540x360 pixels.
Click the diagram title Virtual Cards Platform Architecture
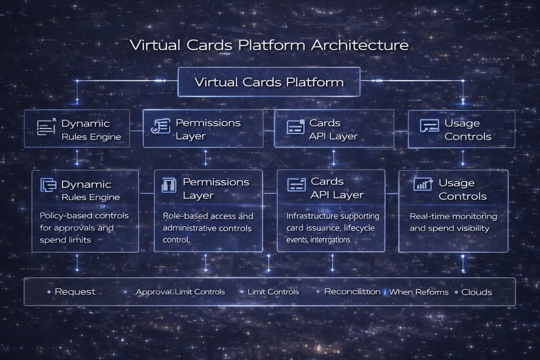tap(269, 45)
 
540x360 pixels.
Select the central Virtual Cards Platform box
tap(269, 82)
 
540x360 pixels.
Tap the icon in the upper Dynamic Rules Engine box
tap(46, 127)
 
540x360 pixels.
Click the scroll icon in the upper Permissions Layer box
tap(161, 126)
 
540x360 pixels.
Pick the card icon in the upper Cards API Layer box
tap(296, 127)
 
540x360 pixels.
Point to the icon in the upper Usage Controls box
tap(429, 126)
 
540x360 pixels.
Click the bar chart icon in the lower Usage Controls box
tap(423, 184)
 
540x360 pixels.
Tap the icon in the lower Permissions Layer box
tap(169, 185)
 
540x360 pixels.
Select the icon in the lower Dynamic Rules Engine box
tap(48, 185)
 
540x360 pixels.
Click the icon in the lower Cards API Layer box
tap(296, 185)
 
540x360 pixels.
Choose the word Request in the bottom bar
tap(75, 292)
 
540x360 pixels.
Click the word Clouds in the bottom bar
tap(476, 292)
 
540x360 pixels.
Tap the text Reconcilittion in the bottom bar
tap(352, 292)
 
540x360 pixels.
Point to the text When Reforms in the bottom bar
tap(419, 292)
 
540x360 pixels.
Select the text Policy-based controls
tap(84, 216)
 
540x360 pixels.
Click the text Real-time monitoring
tap(453, 216)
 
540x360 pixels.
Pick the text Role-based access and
tap(208, 216)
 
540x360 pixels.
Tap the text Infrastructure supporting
tap(333, 216)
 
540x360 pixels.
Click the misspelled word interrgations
tap(330, 240)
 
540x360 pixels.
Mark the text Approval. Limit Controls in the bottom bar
tap(180, 292)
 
